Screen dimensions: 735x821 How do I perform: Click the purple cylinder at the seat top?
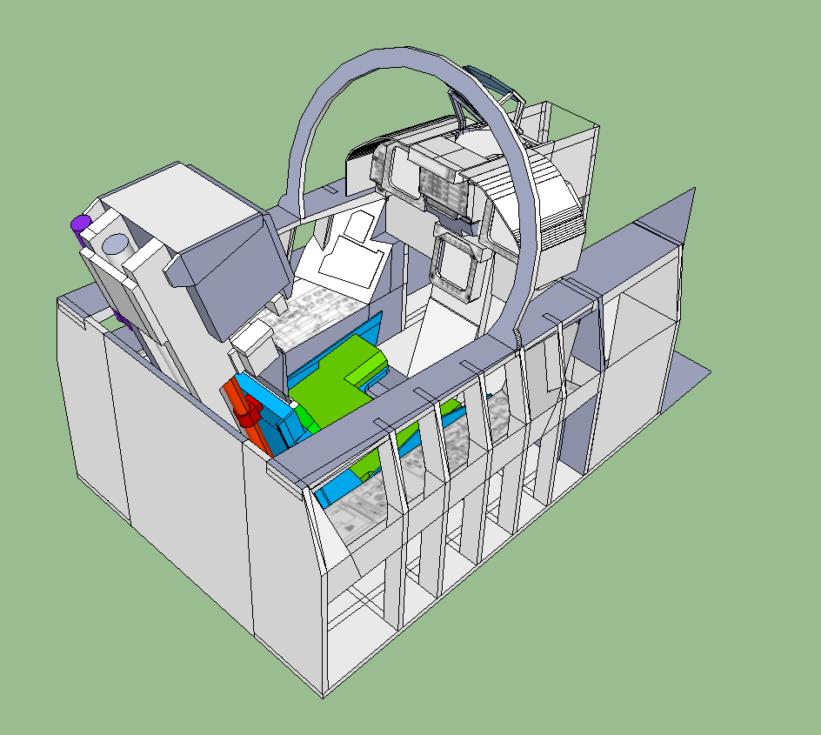point(80,224)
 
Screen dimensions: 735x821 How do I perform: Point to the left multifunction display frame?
point(401,174)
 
